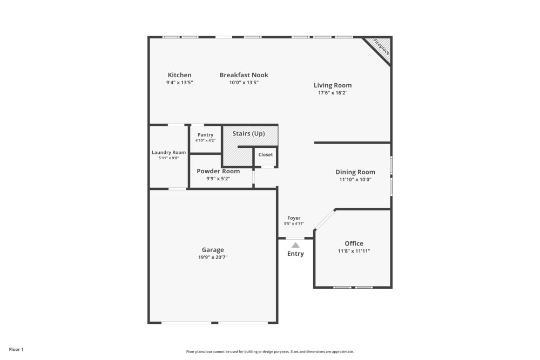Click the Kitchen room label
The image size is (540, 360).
179,75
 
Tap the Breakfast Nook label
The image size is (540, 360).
244,75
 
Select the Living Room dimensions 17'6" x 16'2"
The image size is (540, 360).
333,93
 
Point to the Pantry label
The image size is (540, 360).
205,135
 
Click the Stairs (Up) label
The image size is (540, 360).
248,133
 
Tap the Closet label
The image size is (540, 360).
266,154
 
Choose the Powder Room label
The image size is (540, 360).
218,171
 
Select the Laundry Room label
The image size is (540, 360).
168,152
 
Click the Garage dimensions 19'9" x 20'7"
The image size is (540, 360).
213,257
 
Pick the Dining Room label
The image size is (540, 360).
355,172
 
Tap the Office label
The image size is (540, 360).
354,243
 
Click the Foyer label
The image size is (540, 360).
294,218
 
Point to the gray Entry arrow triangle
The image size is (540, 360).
295,245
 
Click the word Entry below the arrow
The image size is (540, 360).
295,254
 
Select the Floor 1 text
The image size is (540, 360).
16,350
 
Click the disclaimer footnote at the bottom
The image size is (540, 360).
270,351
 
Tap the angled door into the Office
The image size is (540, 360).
325,220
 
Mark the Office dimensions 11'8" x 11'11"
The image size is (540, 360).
354,251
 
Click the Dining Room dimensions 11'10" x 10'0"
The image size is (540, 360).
355,180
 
